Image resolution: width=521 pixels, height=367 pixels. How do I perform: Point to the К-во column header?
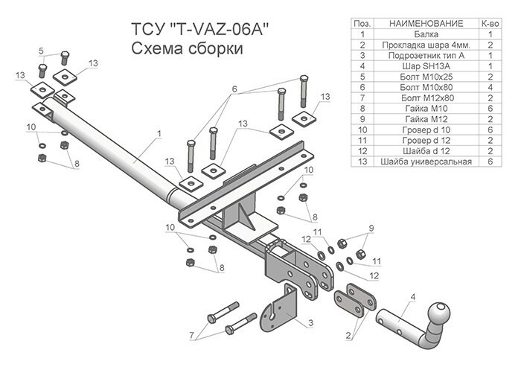point(490,24)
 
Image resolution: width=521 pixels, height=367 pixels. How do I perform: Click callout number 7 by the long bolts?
point(192,334)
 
